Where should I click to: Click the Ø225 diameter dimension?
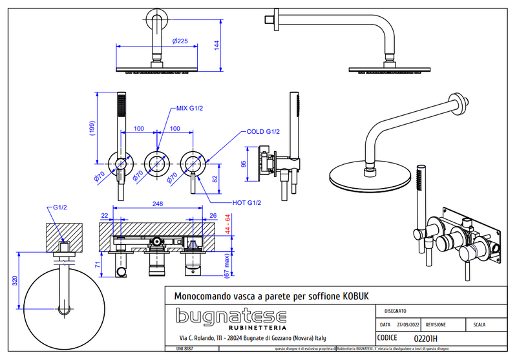click(x=181, y=41)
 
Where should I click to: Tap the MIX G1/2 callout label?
click(x=189, y=108)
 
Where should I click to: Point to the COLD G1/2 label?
click(x=263, y=132)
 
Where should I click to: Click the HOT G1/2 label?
click(x=246, y=203)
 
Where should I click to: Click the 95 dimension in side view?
click(x=243, y=164)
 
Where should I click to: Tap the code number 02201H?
click(x=425, y=337)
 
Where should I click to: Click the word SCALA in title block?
click(x=480, y=325)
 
